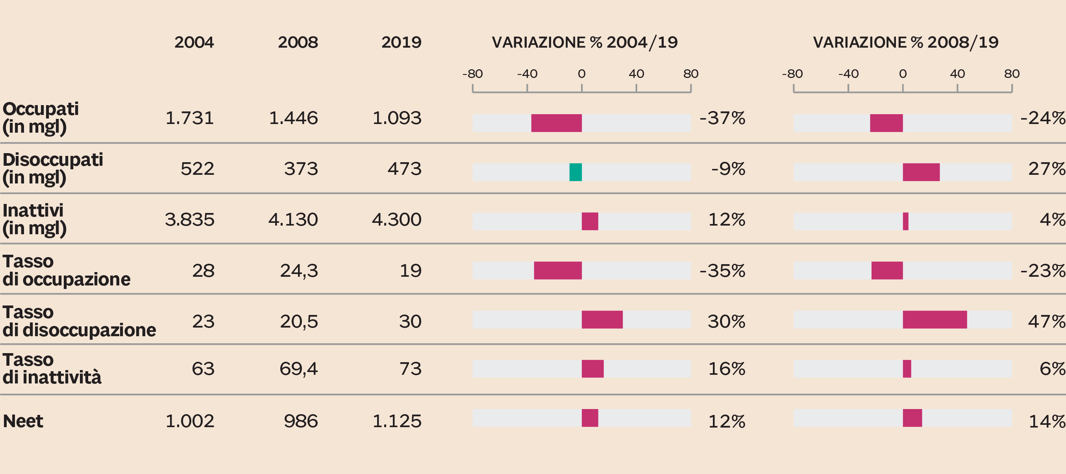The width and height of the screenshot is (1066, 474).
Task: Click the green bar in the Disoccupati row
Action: (x=575, y=172)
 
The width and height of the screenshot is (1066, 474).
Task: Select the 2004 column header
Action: (x=194, y=42)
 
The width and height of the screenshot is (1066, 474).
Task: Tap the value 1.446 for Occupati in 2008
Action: (x=293, y=119)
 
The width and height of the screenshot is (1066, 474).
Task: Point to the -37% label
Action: (x=722, y=119)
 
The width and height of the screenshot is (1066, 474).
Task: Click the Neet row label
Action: (x=23, y=421)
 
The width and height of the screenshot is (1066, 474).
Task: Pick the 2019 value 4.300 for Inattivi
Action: (x=396, y=220)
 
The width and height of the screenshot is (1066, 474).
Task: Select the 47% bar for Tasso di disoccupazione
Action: (x=935, y=320)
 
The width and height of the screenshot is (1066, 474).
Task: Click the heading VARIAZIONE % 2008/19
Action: (x=905, y=42)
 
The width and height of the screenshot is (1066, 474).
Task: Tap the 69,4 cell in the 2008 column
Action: (x=298, y=369)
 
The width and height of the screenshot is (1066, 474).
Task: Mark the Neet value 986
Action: (x=300, y=421)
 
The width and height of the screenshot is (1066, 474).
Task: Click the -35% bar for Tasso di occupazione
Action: (x=557, y=270)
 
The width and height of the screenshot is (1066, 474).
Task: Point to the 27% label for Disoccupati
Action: (x=1046, y=169)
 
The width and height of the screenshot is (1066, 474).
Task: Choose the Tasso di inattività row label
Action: (x=52, y=369)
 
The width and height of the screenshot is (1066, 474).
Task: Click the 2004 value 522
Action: (x=197, y=169)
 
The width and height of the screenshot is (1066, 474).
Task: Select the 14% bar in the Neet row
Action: (x=912, y=418)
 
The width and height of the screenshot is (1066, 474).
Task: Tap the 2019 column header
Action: (x=401, y=42)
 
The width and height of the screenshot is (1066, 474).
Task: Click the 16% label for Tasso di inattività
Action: (x=726, y=369)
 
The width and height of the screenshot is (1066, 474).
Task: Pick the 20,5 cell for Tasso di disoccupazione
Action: (x=299, y=322)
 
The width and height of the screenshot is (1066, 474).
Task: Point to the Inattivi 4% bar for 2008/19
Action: (x=905, y=222)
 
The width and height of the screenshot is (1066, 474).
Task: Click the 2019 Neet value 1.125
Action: (x=396, y=421)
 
